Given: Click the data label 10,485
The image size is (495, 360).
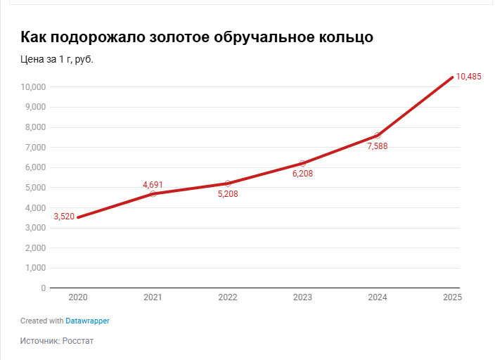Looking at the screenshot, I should [x=468, y=77].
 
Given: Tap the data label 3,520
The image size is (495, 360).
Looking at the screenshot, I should [x=64, y=217].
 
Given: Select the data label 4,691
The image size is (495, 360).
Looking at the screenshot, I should [x=153, y=185].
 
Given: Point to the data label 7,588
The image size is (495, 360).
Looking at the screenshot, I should [x=378, y=146].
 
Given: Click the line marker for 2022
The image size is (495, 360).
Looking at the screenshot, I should [x=228, y=184].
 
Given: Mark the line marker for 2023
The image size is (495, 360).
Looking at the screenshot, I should [x=302, y=163].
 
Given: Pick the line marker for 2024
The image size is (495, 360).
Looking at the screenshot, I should [x=378, y=135].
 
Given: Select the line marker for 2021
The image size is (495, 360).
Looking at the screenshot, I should [x=153, y=193].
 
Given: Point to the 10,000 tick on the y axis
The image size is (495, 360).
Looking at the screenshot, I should [x=33, y=87].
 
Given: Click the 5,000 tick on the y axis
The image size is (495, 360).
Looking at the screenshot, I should [x=35, y=188].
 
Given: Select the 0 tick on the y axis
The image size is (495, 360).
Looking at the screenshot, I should [x=43, y=288].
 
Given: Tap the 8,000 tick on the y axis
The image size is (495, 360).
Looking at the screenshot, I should [x=35, y=127].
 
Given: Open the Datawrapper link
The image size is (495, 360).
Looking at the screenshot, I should [x=87, y=321].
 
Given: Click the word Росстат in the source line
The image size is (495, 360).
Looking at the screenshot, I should [x=78, y=341].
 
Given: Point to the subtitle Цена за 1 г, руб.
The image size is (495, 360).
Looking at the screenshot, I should [x=57, y=59].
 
